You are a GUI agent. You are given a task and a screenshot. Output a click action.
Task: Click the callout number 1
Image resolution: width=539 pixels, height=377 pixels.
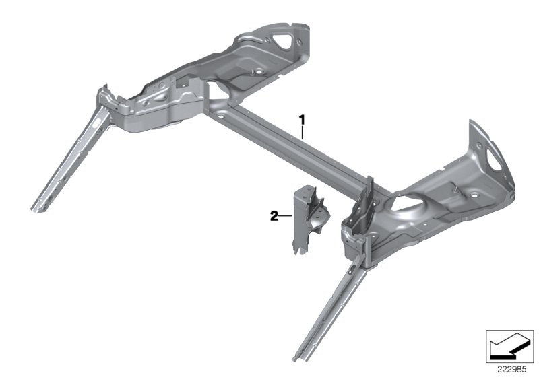(303, 119)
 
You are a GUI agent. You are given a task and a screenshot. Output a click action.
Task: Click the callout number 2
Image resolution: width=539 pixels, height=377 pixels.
(274, 216)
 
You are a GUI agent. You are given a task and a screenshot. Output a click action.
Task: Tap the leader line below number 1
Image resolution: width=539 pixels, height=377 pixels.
(303, 132)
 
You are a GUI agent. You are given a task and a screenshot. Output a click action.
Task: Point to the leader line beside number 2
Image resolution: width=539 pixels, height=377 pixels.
(286, 216)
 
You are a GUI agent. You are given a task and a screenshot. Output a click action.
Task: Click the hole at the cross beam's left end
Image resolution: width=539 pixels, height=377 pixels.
(218, 115)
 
